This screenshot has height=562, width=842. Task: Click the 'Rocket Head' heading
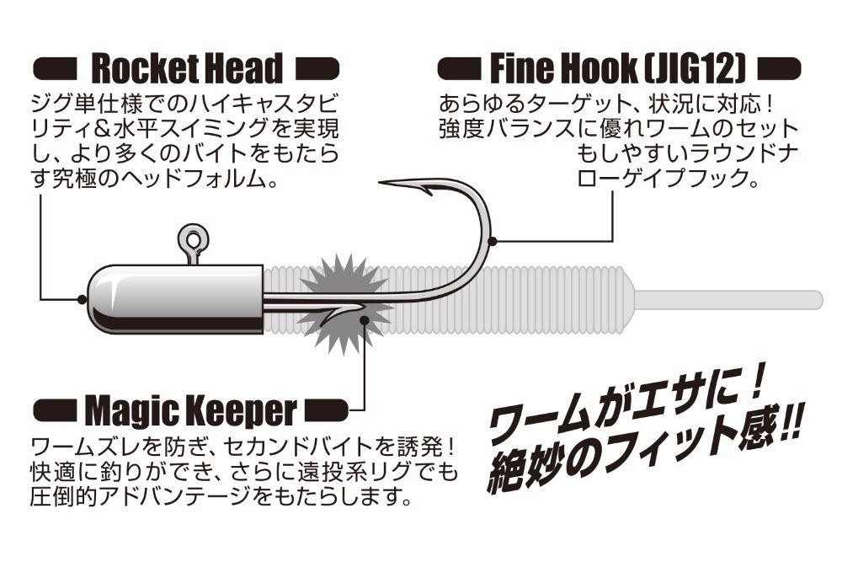pyautogui.click(x=186, y=68)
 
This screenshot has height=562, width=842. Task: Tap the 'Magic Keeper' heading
pyautogui.click(x=191, y=410)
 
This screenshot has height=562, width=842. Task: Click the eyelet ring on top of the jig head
pyautogui.click(x=194, y=239)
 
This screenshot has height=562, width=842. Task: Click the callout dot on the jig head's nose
pyautogui.click(x=82, y=298)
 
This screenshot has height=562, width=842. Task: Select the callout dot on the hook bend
pyautogui.click(x=493, y=242)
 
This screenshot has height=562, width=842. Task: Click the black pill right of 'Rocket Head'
pyautogui.click(x=318, y=68)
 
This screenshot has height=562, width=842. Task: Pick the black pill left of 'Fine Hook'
pyautogui.click(x=459, y=68)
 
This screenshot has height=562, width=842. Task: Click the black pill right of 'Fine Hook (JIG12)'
pyautogui.click(x=780, y=68)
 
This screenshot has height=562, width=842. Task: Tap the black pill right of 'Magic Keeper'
pyautogui.click(x=324, y=411)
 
